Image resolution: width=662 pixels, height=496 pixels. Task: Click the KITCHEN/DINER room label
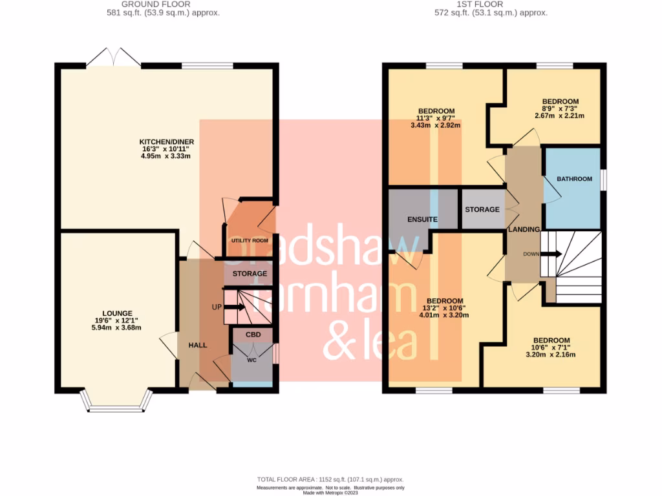[x=166, y=142]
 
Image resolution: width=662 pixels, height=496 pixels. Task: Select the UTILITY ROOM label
[x=250, y=241]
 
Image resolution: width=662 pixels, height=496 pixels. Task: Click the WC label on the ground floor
[x=252, y=360]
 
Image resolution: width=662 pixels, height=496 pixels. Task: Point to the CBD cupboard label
[x=251, y=335]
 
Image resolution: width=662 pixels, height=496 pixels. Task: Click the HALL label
[x=197, y=346]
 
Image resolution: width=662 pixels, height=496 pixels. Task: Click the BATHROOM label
[x=575, y=179]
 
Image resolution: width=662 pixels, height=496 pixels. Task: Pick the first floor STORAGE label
[x=482, y=210]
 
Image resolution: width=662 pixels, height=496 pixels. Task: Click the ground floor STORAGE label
[x=250, y=274]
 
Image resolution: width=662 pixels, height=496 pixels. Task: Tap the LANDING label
[x=523, y=229]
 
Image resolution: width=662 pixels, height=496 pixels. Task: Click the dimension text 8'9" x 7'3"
[x=560, y=109]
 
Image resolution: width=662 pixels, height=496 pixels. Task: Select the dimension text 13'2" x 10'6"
[x=445, y=308]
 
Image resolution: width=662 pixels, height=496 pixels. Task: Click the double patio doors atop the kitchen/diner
[x=113, y=58]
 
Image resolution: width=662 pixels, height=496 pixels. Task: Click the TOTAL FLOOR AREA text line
[x=330, y=479]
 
